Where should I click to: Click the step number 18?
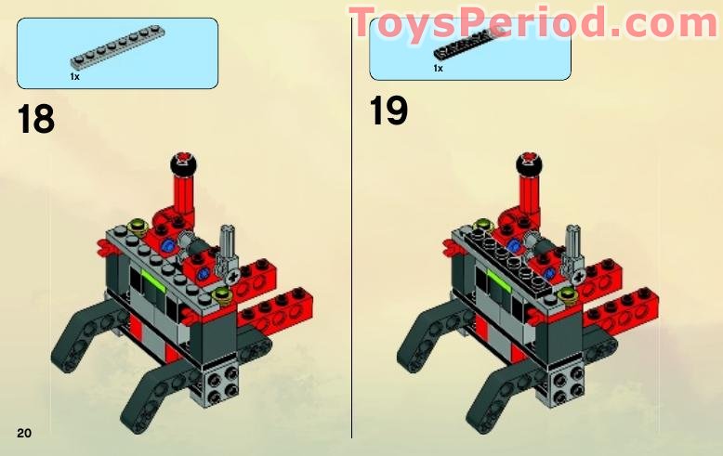[x=36, y=120]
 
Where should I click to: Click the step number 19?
[x=388, y=111]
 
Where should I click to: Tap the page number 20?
[x=24, y=433]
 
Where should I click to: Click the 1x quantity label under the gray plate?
[x=74, y=76]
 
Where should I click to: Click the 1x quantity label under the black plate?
[x=438, y=68]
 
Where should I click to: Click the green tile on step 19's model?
[x=499, y=278]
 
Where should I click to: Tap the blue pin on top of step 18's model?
[x=169, y=245]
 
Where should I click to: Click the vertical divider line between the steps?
[x=351, y=279]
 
